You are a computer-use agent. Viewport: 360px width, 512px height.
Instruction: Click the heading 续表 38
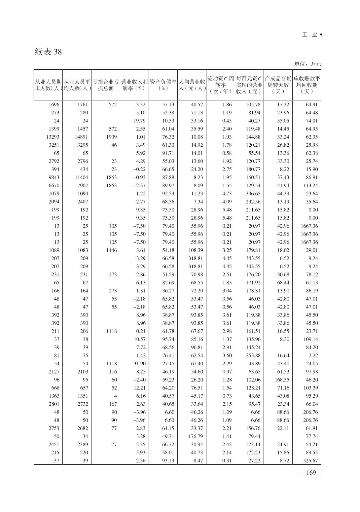click(x=48, y=52)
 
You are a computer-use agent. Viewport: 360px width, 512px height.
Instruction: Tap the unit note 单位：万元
click(x=307, y=64)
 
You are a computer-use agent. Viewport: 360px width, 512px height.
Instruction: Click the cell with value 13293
click(x=53, y=137)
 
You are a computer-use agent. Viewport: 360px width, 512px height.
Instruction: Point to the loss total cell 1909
click(x=112, y=137)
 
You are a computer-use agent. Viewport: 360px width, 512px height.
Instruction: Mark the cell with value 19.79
click(x=139, y=121)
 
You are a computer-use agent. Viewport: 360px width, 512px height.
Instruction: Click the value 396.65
click(x=253, y=194)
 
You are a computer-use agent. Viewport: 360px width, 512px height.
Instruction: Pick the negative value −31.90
click(x=138, y=364)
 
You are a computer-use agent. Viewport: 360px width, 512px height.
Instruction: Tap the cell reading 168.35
click(x=282, y=380)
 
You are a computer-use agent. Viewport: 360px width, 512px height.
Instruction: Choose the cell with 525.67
click(x=310, y=461)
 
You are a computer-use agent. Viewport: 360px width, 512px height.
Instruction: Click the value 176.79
click(x=196, y=436)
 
